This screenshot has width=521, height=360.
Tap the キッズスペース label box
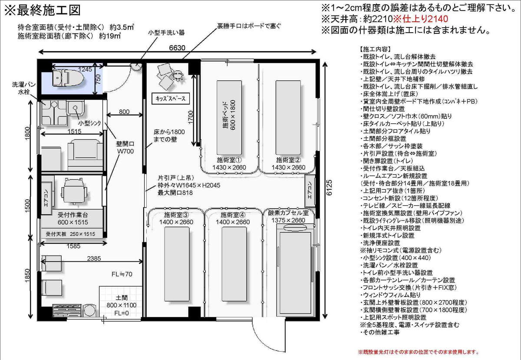[x=171, y=99]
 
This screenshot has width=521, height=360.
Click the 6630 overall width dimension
[x=177, y=48]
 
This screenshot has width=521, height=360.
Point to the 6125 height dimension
[x=329, y=188]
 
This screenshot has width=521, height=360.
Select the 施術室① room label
[x=229, y=160]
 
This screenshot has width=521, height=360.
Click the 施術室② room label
[x=288, y=160]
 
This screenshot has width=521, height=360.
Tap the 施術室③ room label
[x=176, y=215]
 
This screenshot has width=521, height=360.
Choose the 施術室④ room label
[x=233, y=215]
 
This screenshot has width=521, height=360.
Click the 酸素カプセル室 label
[x=288, y=213]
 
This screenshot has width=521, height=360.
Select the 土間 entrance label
[x=122, y=297]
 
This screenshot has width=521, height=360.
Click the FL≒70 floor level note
[x=122, y=274]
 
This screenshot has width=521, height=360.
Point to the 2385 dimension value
[x=94, y=258]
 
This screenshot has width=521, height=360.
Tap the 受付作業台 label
[x=73, y=215]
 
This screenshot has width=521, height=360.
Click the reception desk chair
[x=74, y=191]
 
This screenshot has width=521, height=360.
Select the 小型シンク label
[x=89, y=123]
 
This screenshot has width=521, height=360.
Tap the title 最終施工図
[x=49, y=10]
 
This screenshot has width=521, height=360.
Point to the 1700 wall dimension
[x=191, y=117]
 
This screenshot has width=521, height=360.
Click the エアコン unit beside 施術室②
[x=310, y=191]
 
